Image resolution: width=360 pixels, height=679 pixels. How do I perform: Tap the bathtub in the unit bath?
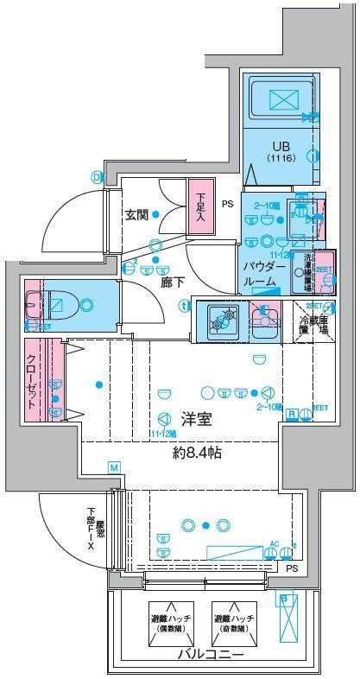(x=281, y=99)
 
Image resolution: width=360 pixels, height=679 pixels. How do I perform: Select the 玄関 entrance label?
(x=136, y=215)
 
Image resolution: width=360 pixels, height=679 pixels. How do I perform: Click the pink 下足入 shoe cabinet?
(x=200, y=206)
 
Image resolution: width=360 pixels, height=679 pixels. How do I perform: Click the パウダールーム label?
(x=259, y=275)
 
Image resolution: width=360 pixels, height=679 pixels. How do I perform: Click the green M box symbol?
(x=112, y=467)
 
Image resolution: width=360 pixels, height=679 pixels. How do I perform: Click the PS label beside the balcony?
(x=292, y=568)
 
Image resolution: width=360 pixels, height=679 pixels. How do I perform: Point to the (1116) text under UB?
(x=281, y=160)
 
